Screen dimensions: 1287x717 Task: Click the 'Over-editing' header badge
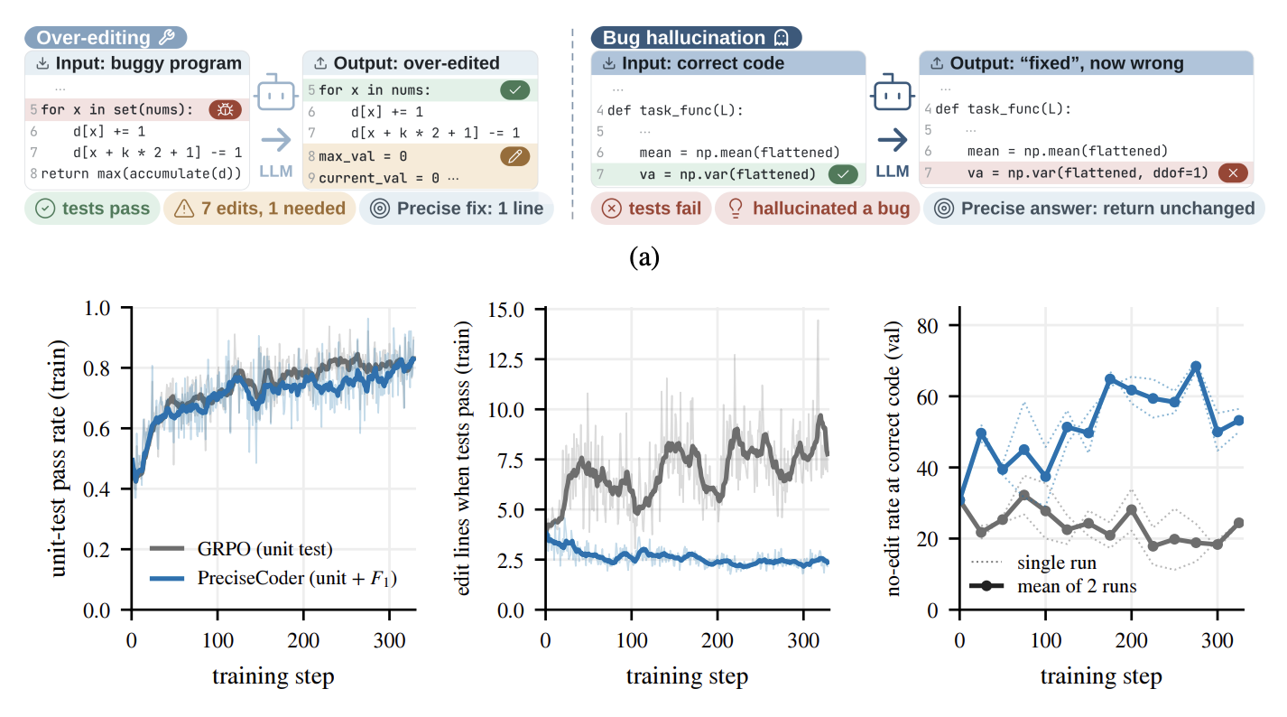(106, 37)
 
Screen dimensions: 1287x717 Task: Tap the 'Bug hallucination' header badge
(697, 37)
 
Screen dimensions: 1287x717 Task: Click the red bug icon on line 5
(225, 109)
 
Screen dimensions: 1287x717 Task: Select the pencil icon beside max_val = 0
(514, 156)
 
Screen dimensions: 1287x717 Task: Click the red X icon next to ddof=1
(1233, 173)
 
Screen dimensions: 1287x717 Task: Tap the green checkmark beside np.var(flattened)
(843, 174)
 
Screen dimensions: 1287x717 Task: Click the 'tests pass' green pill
(92, 208)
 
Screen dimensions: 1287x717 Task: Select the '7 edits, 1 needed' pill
(260, 208)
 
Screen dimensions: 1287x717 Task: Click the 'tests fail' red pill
(651, 208)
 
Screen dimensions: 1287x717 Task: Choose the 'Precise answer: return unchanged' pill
(1094, 208)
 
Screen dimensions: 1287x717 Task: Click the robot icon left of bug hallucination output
(892, 92)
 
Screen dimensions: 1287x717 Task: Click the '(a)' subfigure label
(644, 257)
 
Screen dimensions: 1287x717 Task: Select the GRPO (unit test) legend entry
(241, 549)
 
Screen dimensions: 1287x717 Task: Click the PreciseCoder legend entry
(273, 578)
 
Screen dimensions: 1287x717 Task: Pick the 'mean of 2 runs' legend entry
(1052, 586)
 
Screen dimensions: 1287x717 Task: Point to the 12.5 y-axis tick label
(505, 360)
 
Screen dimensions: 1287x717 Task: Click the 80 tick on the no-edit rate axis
(928, 326)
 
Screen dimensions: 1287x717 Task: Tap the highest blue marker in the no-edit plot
(1196, 367)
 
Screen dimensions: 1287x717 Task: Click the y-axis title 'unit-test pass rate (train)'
(58, 458)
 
